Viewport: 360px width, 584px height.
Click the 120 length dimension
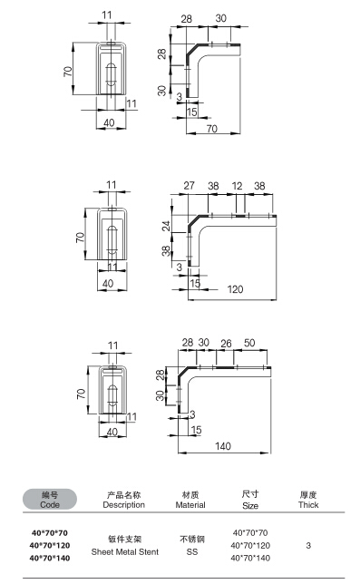click(x=235, y=289)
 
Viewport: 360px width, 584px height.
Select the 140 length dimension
click(x=223, y=446)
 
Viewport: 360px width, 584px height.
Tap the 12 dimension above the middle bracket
click(x=238, y=186)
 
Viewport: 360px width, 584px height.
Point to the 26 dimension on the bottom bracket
click(x=226, y=344)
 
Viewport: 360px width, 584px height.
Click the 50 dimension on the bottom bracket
click(x=249, y=343)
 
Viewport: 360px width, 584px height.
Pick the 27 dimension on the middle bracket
click(x=190, y=186)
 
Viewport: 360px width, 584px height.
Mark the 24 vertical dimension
click(x=167, y=226)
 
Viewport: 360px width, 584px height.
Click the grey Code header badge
click(x=50, y=500)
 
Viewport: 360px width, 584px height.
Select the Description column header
click(x=124, y=500)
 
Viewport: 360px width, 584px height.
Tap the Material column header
click(x=190, y=500)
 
